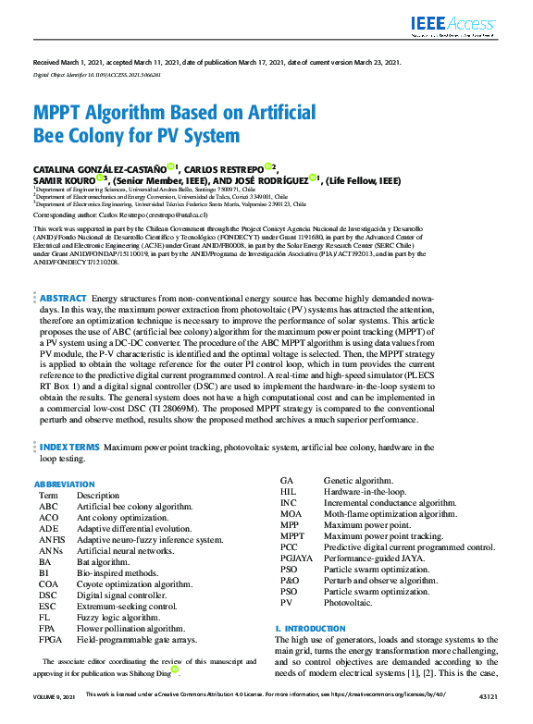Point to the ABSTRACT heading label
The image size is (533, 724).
click(64, 299)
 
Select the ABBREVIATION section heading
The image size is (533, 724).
click(64, 485)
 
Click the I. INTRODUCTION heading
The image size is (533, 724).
click(310, 629)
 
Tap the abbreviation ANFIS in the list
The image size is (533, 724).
click(52, 539)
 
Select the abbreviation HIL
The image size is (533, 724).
click(288, 492)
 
